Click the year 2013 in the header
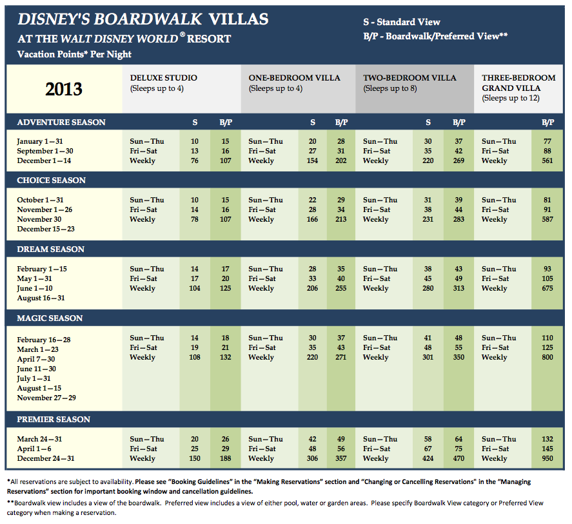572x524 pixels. [64, 88]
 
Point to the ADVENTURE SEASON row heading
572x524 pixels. [61, 122]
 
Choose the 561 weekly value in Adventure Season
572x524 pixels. [547, 161]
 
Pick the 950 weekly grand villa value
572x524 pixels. [547, 459]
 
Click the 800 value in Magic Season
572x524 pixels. [547, 358]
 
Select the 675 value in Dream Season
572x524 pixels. [547, 289]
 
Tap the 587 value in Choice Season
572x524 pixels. [547, 220]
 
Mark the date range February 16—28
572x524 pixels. [44, 340]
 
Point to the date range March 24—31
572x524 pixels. [40, 440]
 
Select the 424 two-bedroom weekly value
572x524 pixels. [428, 459]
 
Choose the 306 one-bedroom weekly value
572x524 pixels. [313, 459]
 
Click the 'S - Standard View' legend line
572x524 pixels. [402, 23]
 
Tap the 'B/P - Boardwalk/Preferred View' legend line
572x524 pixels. [435, 37]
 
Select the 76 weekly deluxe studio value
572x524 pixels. [195, 161]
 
